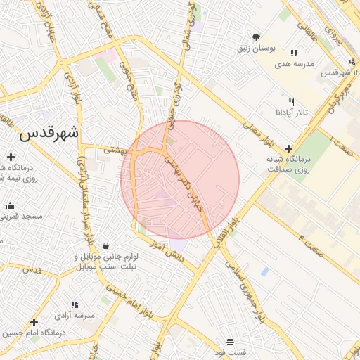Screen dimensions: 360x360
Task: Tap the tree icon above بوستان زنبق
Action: click(x=255, y=37)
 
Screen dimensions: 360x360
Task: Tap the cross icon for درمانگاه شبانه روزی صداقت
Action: click(x=288, y=148)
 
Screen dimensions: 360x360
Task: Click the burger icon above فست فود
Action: click(x=231, y=342)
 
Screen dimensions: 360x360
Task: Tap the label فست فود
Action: click(x=231, y=352)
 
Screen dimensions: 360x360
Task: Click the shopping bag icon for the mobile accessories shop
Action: click(x=105, y=246)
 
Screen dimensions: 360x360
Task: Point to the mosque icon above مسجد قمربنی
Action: click(x=10, y=206)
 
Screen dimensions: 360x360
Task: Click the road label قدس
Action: click(x=32, y=269)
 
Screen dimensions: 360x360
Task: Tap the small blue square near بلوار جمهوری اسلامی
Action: click(x=264, y=271)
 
